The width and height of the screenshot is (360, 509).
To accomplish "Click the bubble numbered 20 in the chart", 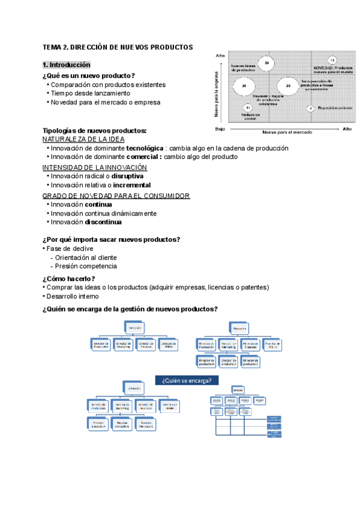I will click(267, 63).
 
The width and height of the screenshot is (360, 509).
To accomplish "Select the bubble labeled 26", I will click(244, 86).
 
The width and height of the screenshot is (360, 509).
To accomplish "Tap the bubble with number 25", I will click(288, 86).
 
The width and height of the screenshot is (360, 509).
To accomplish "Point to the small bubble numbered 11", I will click(248, 107).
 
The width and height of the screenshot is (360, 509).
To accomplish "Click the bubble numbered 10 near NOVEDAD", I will click(332, 60).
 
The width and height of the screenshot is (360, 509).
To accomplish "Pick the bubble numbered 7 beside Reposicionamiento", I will click(310, 108).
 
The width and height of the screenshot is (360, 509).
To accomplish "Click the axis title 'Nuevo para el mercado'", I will click(287, 132).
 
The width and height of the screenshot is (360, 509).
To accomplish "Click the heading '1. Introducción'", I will click(66, 65).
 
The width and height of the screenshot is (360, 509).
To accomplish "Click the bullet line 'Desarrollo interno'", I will click(73, 296).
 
